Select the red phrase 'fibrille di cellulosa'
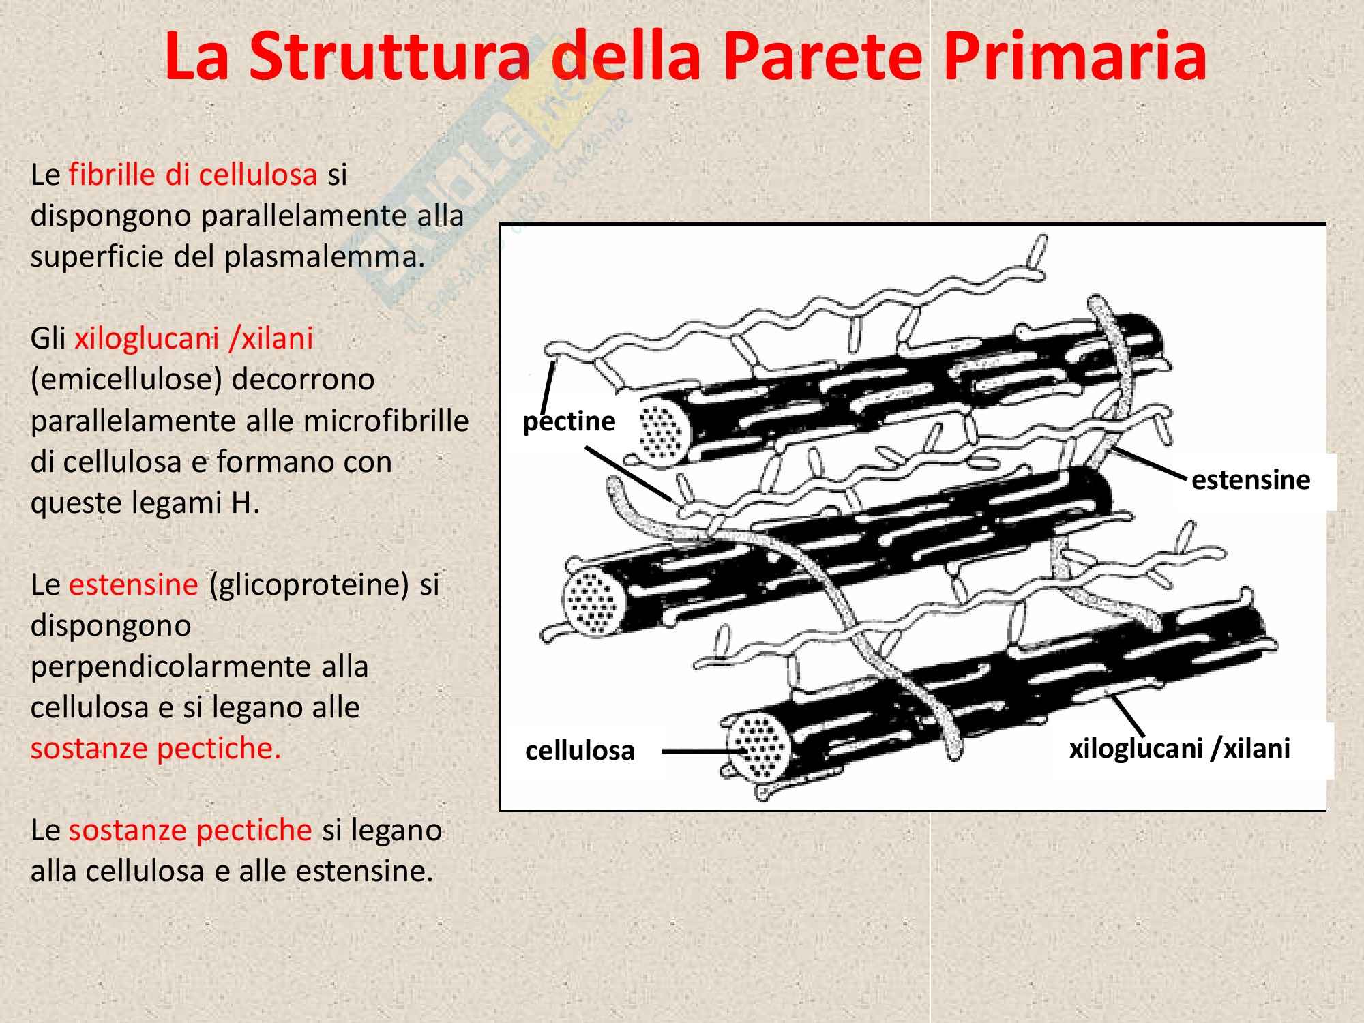[x=193, y=175]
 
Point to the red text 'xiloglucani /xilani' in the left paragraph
[x=194, y=339]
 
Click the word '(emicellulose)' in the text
[x=127, y=380]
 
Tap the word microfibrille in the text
[x=386, y=420]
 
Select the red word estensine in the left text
[x=134, y=584]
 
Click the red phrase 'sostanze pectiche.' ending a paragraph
[x=156, y=748]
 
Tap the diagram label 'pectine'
[x=569, y=421]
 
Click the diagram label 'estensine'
[x=1251, y=479]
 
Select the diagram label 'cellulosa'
[x=580, y=750]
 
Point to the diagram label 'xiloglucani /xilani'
[x=1179, y=748]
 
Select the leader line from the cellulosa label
[x=702, y=751]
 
